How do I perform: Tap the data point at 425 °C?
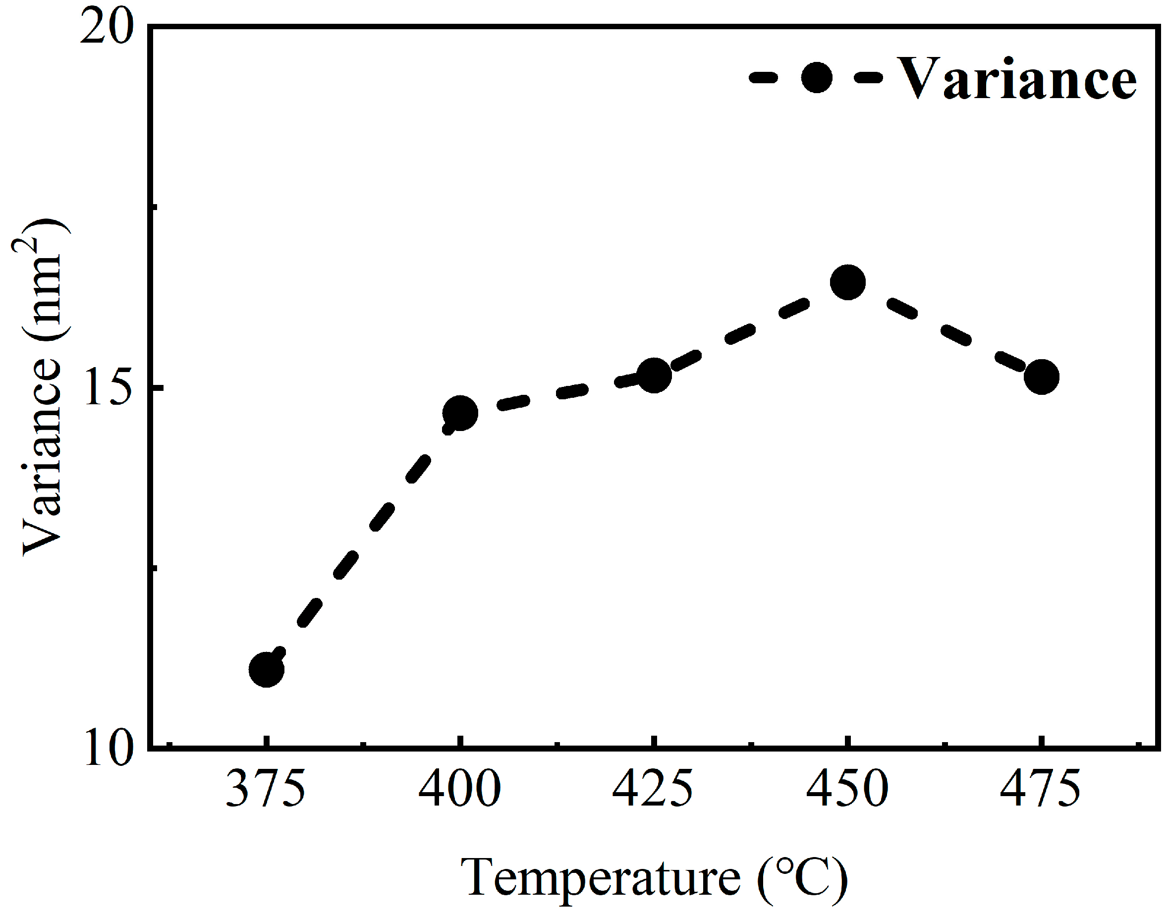(654, 375)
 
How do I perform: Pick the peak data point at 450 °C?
(847, 282)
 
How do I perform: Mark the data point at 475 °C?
(1041, 377)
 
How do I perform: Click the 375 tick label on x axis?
(265, 789)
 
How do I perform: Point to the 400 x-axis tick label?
(460, 789)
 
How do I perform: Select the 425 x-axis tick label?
(653, 789)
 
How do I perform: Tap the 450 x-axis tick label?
(847, 789)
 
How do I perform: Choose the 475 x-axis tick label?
(1040, 789)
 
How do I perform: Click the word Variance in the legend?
(1016, 79)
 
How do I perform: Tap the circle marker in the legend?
(816, 78)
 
